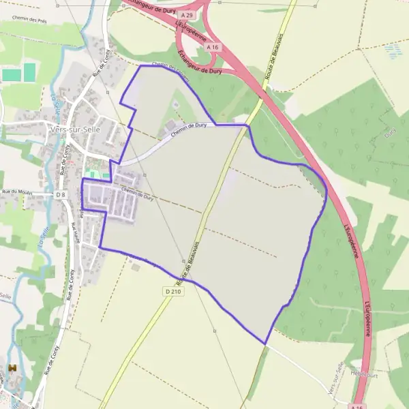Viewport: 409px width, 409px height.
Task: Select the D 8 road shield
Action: (x=61, y=195)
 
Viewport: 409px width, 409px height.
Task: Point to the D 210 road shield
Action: (x=172, y=290)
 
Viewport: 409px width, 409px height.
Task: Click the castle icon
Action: (x=12, y=369)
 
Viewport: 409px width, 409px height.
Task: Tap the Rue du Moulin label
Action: (x=18, y=192)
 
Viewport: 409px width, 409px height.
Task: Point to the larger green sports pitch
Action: (x=29, y=71)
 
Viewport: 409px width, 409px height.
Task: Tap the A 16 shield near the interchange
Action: (x=214, y=46)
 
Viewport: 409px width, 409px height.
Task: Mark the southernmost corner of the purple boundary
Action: (x=264, y=343)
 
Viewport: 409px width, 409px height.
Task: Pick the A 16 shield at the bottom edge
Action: (x=356, y=407)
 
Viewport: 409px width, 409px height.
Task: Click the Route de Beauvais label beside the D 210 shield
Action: (x=192, y=262)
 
